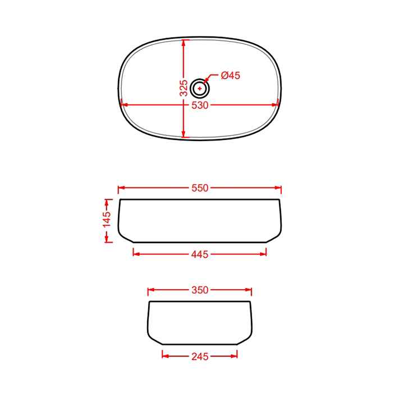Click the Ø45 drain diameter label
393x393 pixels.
point(230,75)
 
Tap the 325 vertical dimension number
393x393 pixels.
point(184,88)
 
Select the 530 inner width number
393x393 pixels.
point(200,106)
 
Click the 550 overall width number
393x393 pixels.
point(200,188)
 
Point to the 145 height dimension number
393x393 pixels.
point(107,220)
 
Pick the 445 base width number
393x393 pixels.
point(200,254)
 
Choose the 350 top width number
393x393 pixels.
point(200,290)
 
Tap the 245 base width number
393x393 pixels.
point(200,357)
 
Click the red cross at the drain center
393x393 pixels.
point(199,89)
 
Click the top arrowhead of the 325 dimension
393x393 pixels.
point(184,43)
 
